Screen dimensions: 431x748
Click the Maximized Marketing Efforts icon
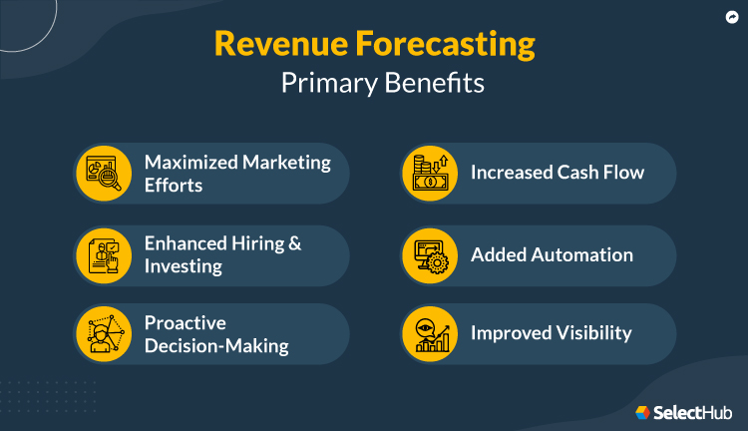tap(104, 173)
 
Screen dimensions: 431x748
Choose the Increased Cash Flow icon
tap(430, 173)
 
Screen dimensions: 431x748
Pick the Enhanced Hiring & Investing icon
tap(104, 254)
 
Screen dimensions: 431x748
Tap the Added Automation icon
tap(430, 254)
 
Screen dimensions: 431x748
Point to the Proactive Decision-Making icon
tap(104, 333)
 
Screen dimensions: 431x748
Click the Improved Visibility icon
tap(430, 333)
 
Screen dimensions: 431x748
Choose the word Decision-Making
tap(216, 346)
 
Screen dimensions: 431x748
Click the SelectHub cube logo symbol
tap(643, 411)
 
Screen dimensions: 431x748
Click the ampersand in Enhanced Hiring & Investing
tap(295, 242)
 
